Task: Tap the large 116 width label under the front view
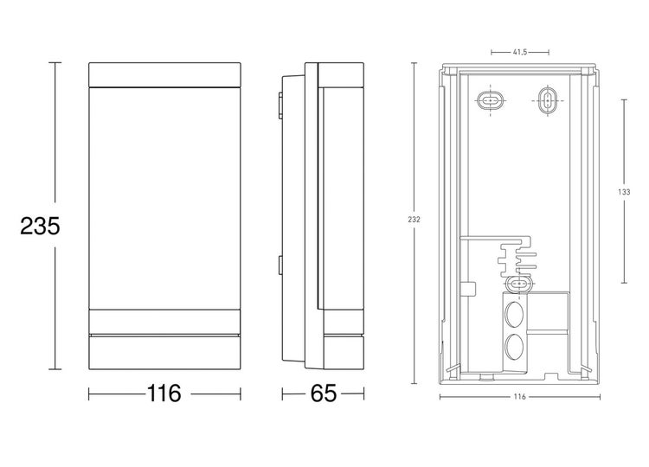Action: [x=164, y=393]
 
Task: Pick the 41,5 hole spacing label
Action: [x=520, y=53]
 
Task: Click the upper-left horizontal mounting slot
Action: [x=490, y=101]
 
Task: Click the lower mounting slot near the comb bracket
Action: [x=517, y=284]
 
